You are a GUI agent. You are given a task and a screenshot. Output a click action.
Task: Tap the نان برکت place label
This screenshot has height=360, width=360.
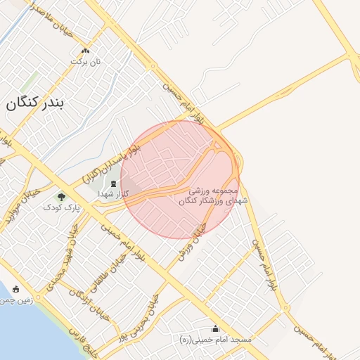86,62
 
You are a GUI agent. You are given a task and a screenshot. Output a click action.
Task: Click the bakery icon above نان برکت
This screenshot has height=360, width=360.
86,51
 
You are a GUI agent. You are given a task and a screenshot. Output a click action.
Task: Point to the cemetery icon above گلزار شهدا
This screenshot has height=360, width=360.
114,183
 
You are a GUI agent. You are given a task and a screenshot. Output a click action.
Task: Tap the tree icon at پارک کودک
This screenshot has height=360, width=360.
61,196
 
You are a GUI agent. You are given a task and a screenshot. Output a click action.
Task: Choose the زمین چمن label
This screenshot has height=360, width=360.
15,300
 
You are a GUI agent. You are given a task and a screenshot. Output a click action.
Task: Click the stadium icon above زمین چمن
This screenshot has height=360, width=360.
16,289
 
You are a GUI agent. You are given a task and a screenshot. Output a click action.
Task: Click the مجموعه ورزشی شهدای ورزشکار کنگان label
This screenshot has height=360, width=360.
214,195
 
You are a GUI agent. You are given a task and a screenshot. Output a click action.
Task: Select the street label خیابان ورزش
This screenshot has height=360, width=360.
195,243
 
